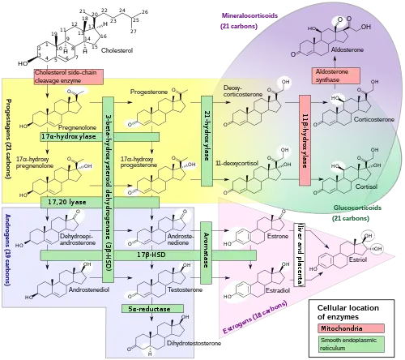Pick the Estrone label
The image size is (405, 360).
(x=277, y=237)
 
